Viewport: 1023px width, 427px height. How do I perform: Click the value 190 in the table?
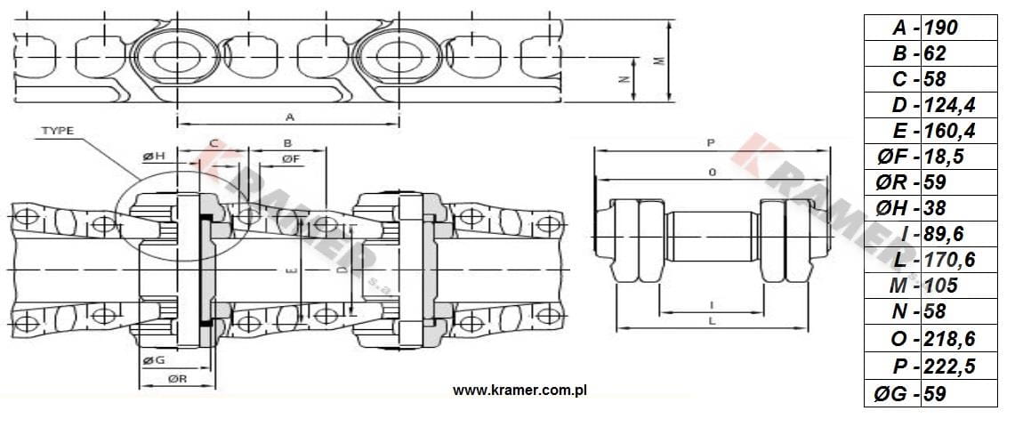pyautogui.click(x=941, y=28)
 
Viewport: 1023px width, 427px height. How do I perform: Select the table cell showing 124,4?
pyautogui.click(x=950, y=105)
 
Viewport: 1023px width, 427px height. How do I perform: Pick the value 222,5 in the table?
pyautogui.click(x=950, y=367)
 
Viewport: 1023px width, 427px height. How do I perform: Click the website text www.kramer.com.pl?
pyautogui.click(x=520, y=391)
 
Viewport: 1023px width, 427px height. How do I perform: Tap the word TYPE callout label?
pyautogui.click(x=58, y=131)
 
